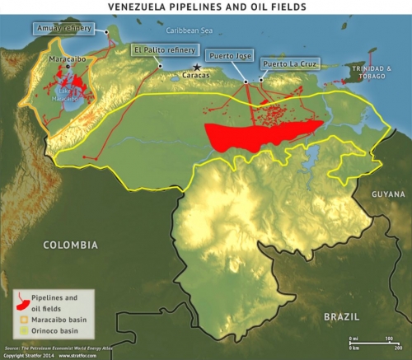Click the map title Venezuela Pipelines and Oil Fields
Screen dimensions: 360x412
point(205,7)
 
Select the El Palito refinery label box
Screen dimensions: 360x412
point(160,49)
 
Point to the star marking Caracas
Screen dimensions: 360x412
point(196,67)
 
